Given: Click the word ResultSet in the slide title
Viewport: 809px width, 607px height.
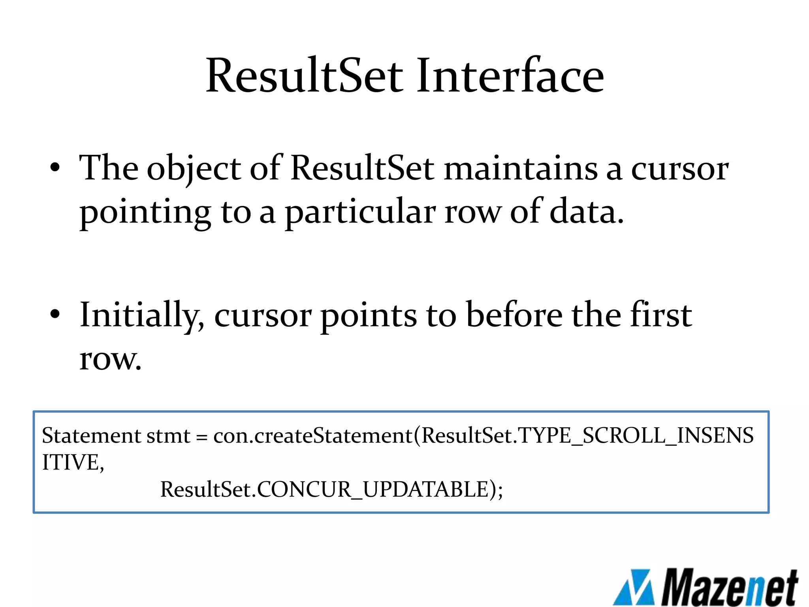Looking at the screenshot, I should (x=304, y=76).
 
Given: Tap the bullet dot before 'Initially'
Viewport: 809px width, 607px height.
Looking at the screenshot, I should (x=55, y=315).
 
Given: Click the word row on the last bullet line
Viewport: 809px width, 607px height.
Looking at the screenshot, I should (x=110, y=360).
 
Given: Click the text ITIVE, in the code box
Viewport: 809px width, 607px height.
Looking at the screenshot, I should (x=73, y=462).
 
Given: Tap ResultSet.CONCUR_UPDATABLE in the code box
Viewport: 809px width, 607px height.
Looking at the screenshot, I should (x=331, y=489).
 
